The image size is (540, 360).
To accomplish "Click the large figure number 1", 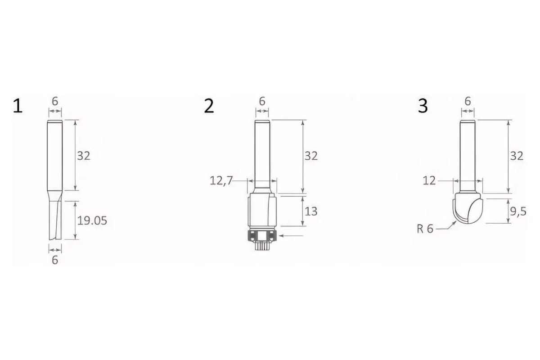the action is pyautogui.click(x=18, y=106).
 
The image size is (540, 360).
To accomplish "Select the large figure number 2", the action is pyautogui.click(x=209, y=106).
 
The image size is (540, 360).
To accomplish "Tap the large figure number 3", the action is pyautogui.click(x=423, y=106).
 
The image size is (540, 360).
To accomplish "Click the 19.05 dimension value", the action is pyautogui.click(x=92, y=220).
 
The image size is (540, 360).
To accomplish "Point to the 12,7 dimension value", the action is pyautogui.click(x=221, y=180).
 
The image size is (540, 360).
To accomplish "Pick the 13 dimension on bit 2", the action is pyautogui.click(x=311, y=211).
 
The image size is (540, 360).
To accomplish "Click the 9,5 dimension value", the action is pyautogui.click(x=518, y=211).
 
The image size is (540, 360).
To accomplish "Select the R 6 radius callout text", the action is pyautogui.click(x=425, y=229).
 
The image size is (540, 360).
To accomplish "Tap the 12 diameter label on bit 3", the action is pyautogui.click(x=429, y=180).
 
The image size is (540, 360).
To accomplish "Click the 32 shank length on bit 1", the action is pyautogui.click(x=84, y=156).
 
